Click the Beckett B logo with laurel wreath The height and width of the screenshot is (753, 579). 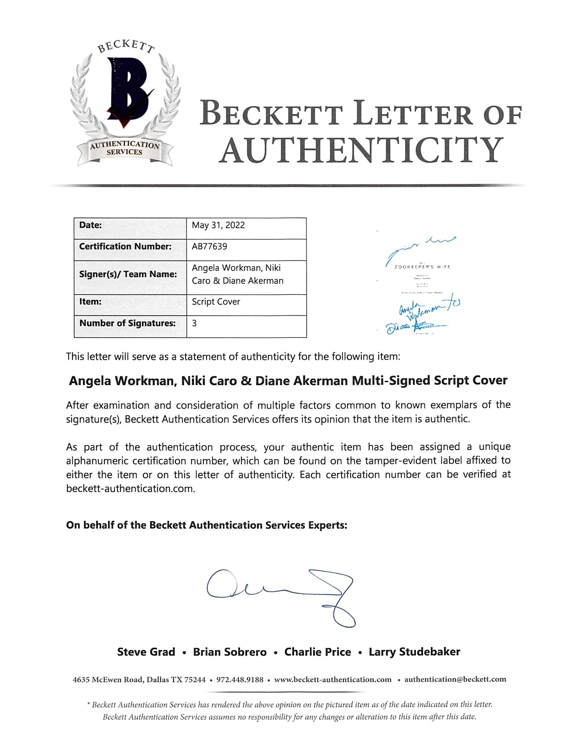(x=125, y=103)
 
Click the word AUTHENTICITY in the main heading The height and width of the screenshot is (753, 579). (x=361, y=151)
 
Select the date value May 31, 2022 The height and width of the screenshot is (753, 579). (x=218, y=225)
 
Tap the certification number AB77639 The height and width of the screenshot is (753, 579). (x=210, y=246)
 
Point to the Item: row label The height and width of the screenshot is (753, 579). (x=90, y=302)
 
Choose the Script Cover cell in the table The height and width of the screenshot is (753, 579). (x=216, y=302)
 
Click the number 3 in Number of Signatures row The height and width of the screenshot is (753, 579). (x=194, y=323)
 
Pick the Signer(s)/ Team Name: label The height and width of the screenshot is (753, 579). (x=128, y=274)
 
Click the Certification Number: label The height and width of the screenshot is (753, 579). (x=125, y=246)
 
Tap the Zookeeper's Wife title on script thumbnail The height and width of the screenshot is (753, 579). (x=422, y=267)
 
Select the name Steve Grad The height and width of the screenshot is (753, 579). (x=146, y=652)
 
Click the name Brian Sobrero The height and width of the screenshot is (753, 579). (x=230, y=652)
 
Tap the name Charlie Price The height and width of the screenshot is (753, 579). (x=317, y=652)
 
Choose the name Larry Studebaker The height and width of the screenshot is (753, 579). (x=414, y=652)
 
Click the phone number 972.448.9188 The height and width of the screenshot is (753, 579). (x=240, y=680)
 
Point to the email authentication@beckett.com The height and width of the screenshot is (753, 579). (x=455, y=679)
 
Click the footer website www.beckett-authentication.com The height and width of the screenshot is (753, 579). (x=333, y=680)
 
